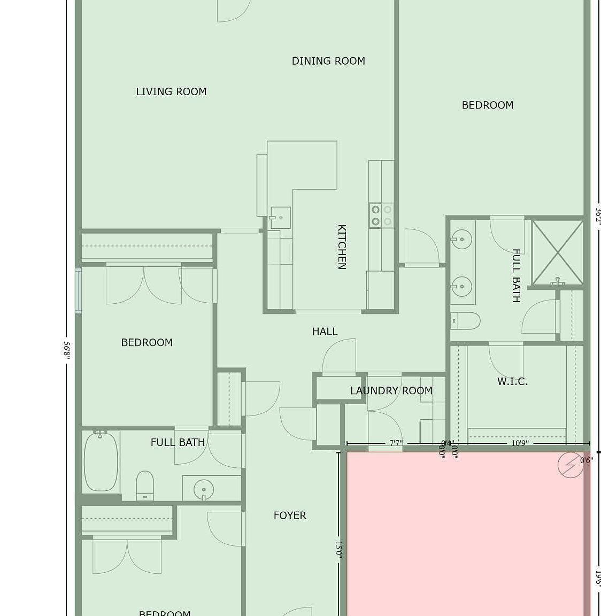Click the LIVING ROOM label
click(x=171, y=91)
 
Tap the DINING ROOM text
click(x=328, y=61)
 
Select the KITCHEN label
click(x=342, y=247)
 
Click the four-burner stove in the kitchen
click(x=381, y=215)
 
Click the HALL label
click(x=325, y=332)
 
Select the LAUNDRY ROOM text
click(x=391, y=391)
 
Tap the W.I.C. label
click(x=512, y=381)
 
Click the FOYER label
click(x=290, y=515)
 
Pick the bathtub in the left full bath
click(x=101, y=461)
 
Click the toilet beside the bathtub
click(x=145, y=485)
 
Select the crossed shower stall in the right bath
click(x=557, y=252)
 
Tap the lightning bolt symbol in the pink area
click(x=570, y=465)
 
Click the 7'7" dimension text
click(x=396, y=443)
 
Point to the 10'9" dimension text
click(x=519, y=443)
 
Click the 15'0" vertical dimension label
click(x=338, y=548)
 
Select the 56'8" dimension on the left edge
click(x=67, y=351)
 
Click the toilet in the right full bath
click(x=465, y=321)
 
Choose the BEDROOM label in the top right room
click(x=487, y=105)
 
